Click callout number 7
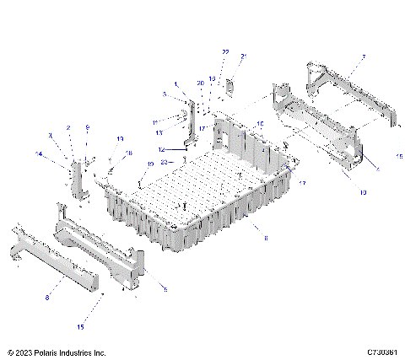tap(363, 57)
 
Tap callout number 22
tap(225, 52)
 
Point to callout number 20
tap(201, 83)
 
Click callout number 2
tap(68, 127)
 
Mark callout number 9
tap(86, 127)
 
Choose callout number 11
tap(155, 123)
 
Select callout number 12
tap(162, 149)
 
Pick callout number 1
tap(176, 84)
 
